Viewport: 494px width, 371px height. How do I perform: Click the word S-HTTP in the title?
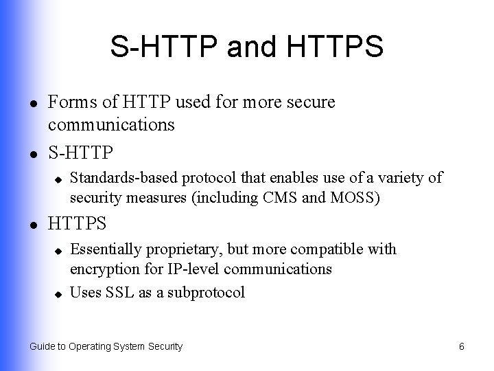click(x=164, y=46)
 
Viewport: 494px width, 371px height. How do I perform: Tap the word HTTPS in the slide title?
click(x=335, y=46)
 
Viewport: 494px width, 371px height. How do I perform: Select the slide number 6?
click(x=462, y=346)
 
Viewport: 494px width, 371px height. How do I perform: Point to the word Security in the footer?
click(x=165, y=347)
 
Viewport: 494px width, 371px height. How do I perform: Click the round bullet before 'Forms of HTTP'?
click(x=34, y=104)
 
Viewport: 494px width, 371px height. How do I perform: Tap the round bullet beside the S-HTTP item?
click(x=34, y=155)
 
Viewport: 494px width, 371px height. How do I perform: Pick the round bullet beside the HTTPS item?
click(x=34, y=225)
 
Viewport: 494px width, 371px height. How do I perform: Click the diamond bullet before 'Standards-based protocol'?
click(x=58, y=180)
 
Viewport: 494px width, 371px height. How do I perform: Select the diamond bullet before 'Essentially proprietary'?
click(x=58, y=251)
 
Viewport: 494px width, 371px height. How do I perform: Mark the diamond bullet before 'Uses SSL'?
click(x=58, y=294)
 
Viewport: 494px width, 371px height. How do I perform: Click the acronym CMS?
click(x=280, y=197)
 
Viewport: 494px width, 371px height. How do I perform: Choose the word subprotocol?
click(x=206, y=293)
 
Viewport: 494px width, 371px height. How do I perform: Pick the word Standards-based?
click(x=123, y=178)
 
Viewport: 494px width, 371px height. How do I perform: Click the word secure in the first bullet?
click(x=311, y=102)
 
